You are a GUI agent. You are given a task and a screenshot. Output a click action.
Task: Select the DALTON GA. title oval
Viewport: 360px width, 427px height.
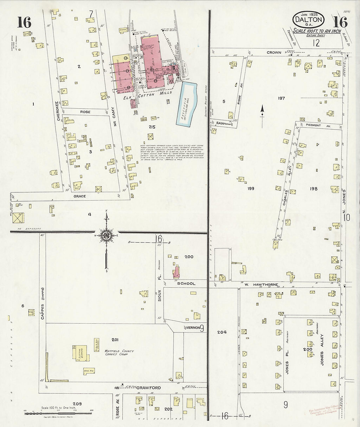point(308,20)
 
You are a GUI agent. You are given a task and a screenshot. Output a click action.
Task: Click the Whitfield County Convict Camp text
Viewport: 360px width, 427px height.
point(119,352)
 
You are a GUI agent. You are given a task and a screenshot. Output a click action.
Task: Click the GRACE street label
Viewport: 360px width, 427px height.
point(80,196)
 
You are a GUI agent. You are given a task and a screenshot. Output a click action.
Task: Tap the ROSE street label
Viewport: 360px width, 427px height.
point(85,112)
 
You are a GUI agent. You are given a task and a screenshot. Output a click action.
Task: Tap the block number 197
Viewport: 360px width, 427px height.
point(281,98)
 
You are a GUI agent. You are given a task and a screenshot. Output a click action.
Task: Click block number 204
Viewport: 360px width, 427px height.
point(222,332)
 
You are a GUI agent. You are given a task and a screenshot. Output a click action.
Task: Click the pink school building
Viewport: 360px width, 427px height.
point(176,273)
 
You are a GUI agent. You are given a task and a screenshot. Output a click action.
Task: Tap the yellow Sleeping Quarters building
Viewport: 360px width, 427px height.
point(80,353)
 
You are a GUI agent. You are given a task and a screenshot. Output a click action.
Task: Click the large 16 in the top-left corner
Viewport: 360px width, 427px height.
point(24,22)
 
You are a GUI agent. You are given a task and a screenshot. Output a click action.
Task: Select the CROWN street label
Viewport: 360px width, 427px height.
point(274,52)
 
